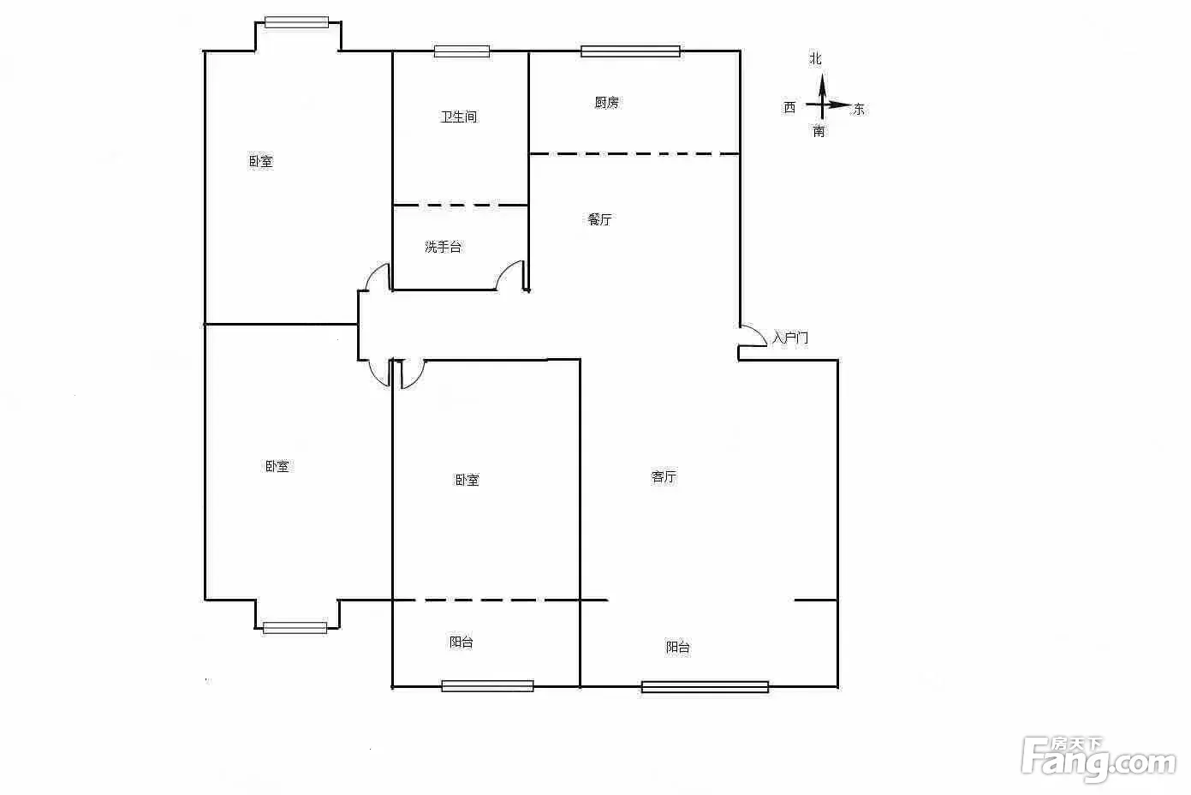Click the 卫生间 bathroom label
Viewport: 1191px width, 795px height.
[459, 117]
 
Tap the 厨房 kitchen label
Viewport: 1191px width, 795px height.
[607, 102]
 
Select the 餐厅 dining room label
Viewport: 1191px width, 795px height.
[599, 219]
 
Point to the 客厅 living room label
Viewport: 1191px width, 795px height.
[664, 476]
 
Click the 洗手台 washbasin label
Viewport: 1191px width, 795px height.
[443, 247]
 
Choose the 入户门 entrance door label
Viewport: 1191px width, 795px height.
[790, 338]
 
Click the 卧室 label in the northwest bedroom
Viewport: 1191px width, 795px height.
[260, 161]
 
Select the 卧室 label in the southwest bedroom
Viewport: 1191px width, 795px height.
[277, 466]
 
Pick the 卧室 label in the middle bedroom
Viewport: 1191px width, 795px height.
[467, 480]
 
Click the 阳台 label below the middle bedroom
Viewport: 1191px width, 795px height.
[461, 643]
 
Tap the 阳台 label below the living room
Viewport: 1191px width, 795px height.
[678, 647]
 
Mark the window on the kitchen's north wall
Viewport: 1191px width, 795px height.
[630, 51]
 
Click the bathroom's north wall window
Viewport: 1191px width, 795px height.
[462, 51]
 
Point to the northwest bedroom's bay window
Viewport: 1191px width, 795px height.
[297, 22]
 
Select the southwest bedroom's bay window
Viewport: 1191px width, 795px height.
[295, 628]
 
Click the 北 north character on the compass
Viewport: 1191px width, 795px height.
[816, 58]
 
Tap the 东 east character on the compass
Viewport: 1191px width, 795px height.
[859, 109]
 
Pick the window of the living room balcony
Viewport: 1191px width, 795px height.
[705, 687]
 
